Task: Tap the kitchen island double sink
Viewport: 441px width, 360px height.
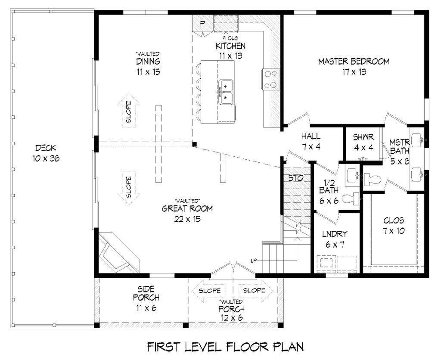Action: click(x=225, y=92)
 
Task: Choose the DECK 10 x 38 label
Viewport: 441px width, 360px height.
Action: click(x=45, y=152)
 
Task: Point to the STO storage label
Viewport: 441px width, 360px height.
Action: click(x=295, y=177)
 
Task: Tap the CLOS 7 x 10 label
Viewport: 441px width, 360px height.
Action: click(x=394, y=226)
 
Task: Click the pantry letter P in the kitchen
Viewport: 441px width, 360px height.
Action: click(x=202, y=23)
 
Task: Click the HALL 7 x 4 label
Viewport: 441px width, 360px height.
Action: click(x=311, y=141)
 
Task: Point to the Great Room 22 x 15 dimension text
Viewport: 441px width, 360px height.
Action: click(x=187, y=219)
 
